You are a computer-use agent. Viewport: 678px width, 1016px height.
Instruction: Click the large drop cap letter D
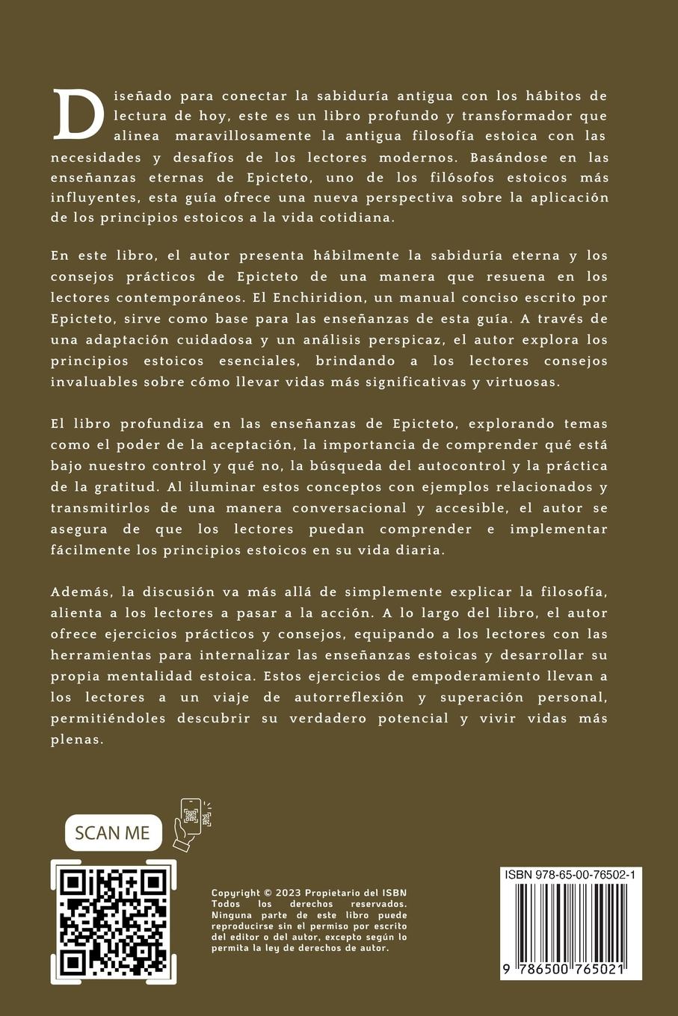[x=78, y=114]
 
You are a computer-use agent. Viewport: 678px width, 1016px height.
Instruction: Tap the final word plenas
[x=75, y=740]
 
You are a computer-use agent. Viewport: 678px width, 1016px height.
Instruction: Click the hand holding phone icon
[x=192, y=824]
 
